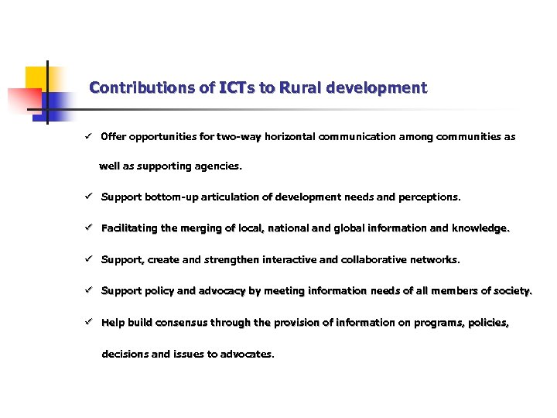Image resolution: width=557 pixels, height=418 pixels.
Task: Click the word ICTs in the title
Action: point(237,88)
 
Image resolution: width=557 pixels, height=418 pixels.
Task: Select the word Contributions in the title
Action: point(142,88)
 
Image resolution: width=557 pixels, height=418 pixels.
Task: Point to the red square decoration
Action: point(23,101)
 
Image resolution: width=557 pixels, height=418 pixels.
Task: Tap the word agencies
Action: point(220,166)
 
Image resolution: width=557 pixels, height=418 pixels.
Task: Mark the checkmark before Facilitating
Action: point(90,228)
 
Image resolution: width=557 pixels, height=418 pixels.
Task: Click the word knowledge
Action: point(481,228)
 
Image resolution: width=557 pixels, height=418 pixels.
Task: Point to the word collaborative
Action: point(375,260)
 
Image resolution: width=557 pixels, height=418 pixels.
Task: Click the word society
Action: point(511,292)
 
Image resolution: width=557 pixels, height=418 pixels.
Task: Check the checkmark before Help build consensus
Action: point(90,323)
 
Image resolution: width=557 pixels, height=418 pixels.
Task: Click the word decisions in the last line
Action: point(125,355)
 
